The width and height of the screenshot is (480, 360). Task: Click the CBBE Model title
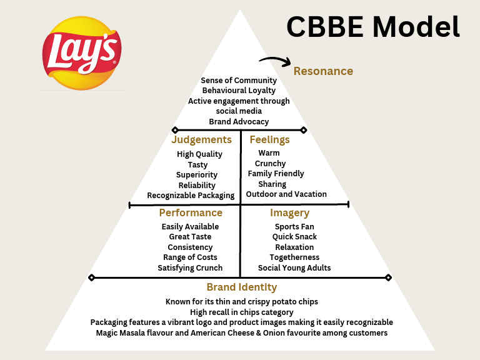click(x=372, y=27)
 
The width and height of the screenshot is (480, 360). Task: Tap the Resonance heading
click(x=323, y=71)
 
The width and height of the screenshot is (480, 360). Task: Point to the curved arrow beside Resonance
click(x=275, y=61)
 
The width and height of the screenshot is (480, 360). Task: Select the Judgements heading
click(x=201, y=140)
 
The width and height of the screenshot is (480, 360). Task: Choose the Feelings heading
click(x=269, y=140)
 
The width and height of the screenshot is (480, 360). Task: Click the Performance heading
click(x=191, y=213)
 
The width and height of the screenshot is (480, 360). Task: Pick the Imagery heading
click(x=289, y=213)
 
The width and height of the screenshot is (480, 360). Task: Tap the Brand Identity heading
click(x=241, y=287)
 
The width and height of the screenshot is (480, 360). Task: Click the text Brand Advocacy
click(x=239, y=121)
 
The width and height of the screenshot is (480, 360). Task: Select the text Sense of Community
click(x=239, y=81)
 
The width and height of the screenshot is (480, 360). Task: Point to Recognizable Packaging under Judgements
click(x=191, y=196)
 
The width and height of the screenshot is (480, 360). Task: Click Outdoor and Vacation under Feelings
click(x=286, y=194)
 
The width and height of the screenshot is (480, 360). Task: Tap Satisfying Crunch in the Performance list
click(x=190, y=268)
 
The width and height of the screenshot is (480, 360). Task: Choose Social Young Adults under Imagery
click(x=294, y=268)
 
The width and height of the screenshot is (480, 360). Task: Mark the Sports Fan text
click(x=294, y=227)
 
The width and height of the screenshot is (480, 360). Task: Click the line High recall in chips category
click(x=241, y=312)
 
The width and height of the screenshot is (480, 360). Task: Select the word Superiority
click(x=197, y=175)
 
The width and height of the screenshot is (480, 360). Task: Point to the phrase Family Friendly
click(x=276, y=174)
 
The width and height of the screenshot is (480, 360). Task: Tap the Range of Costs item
click(x=190, y=257)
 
